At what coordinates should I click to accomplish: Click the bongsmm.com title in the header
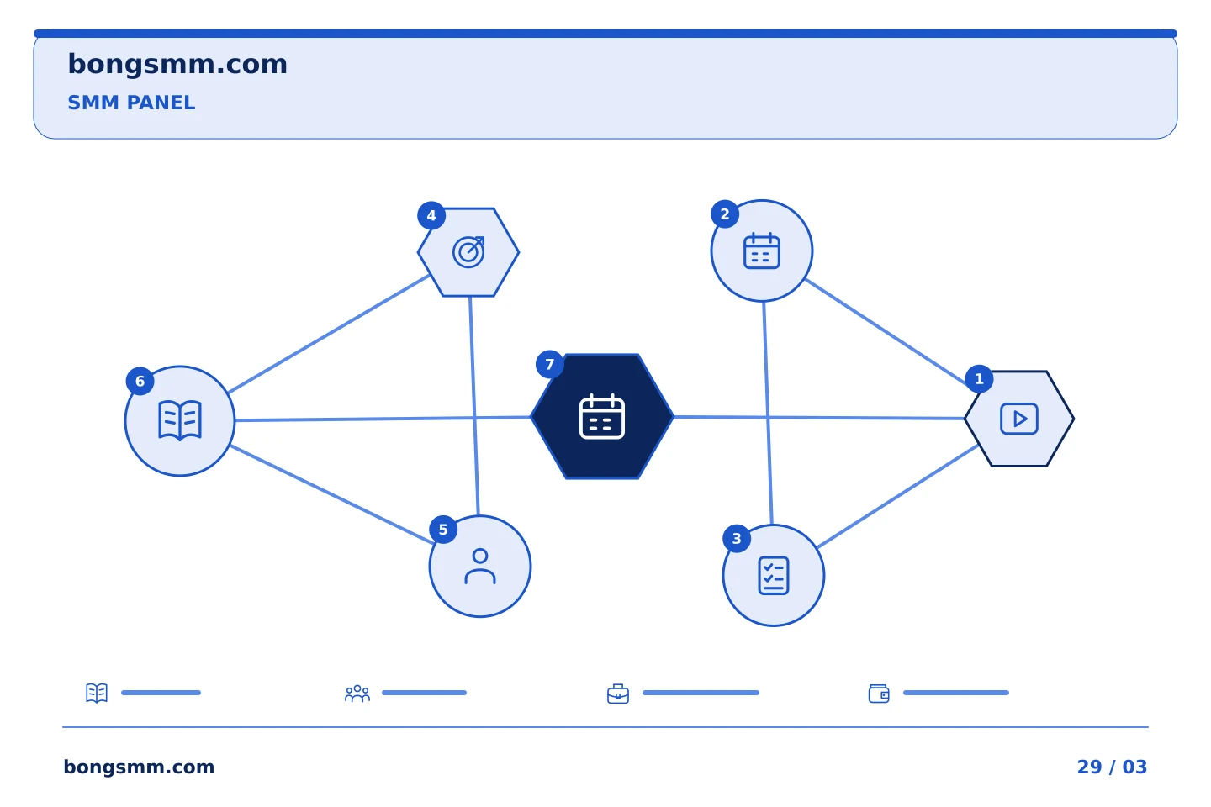click(x=177, y=65)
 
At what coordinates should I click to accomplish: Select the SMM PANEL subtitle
click(x=131, y=103)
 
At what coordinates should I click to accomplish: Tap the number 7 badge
click(x=550, y=364)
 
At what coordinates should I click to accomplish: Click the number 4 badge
click(x=431, y=216)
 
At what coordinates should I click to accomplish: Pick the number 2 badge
click(x=725, y=214)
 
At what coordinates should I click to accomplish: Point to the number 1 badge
click(x=979, y=379)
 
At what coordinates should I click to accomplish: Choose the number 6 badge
click(x=140, y=381)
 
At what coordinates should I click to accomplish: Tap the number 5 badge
click(x=443, y=529)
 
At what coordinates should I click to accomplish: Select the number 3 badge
click(x=737, y=538)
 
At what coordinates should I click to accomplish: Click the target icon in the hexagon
click(x=468, y=252)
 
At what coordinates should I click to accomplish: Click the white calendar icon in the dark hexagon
click(x=602, y=416)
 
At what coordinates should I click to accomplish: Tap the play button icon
click(x=1019, y=419)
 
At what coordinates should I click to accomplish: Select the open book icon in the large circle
click(x=180, y=420)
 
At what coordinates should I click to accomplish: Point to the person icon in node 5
click(x=480, y=567)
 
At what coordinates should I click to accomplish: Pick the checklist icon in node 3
click(x=774, y=576)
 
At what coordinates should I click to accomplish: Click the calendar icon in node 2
click(x=762, y=251)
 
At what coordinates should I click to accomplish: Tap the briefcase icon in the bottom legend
click(x=618, y=694)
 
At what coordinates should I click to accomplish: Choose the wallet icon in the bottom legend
click(x=879, y=694)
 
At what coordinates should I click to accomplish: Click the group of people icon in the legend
click(x=357, y=694)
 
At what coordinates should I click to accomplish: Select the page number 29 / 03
click(x=1112, y=767)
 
